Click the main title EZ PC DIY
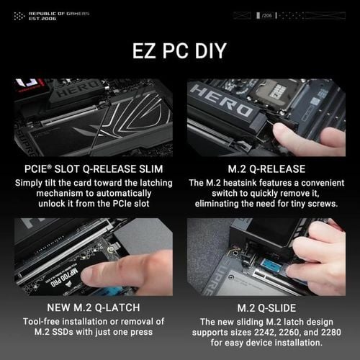(x=180, y=51)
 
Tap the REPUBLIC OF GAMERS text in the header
(x=53, y=14)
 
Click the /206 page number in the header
(x=268, y=14)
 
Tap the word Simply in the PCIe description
(x=31, y=183)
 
